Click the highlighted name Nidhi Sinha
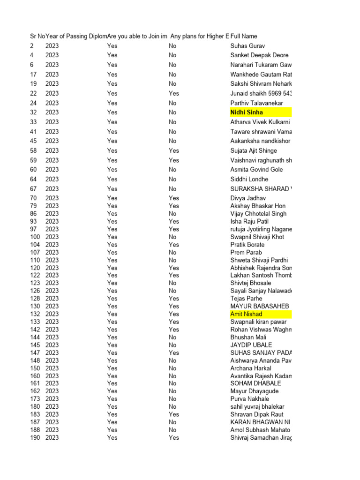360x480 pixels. coord(247,112)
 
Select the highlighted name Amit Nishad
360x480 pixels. coord(246,314)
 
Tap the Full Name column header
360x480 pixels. coord(244,36)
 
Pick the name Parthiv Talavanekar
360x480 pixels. coord(256,103)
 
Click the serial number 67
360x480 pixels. coord(33,189)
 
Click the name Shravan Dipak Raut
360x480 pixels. coord(257,414)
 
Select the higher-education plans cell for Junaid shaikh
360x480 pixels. coord(173,93)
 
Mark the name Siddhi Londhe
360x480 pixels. coord(249,179)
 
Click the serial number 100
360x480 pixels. coord(35,237)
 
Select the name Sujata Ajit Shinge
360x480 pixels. coord(254,151)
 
